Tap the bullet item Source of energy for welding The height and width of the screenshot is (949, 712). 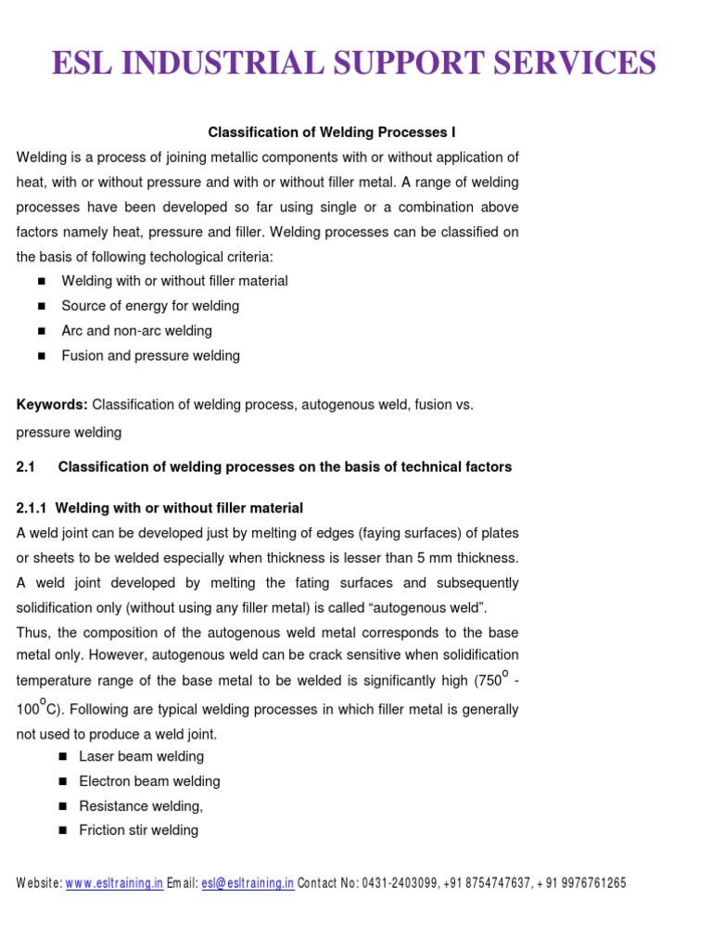[150, 306]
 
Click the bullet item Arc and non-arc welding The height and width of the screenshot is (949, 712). [136, 331]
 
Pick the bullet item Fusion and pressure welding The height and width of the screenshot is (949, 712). [150, 356]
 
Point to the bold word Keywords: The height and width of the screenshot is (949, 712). [52, 405]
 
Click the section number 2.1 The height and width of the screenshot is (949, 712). [26, 467]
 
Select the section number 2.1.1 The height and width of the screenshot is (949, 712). [33, 509]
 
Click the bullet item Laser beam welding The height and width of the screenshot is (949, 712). [141, 757]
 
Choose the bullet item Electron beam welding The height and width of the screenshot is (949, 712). [149, 781]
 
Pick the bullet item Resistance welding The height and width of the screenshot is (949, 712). [141, 806]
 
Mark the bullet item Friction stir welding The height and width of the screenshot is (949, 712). [139, 830]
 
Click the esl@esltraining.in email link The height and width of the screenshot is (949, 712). [248, 884]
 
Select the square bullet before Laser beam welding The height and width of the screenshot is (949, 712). [63, 757]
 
